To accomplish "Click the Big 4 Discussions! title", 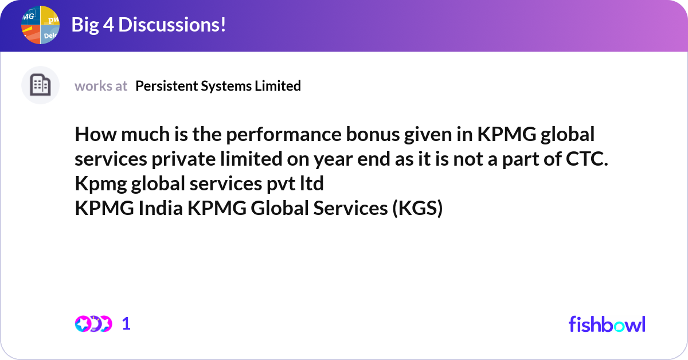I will [x=148, y=25].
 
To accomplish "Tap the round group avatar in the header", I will [x=41, y=25].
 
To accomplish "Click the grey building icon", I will [x=40, y=85].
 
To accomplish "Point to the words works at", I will [x=101, y=86].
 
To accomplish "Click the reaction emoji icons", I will [x=93, y=324].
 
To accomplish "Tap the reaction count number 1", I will [x=127, y=324].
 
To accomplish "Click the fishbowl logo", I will [x=607, y=324].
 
